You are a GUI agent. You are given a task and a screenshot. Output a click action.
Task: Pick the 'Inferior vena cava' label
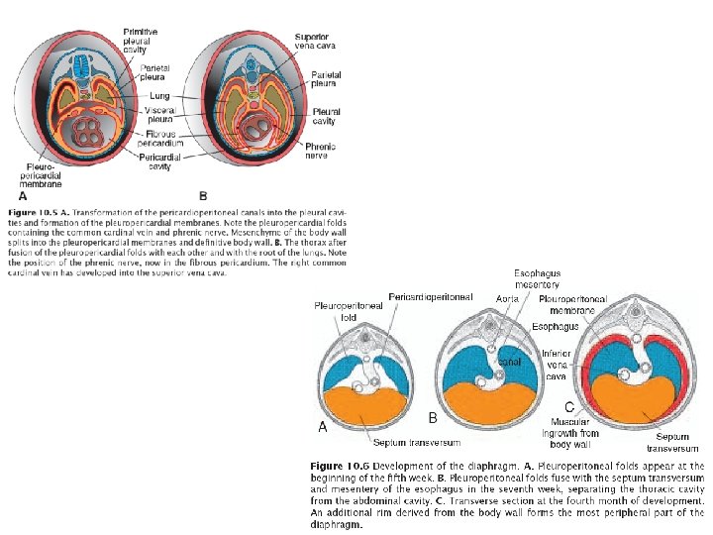[557, 364]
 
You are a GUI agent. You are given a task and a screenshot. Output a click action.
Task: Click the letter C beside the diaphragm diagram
[569, 407]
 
